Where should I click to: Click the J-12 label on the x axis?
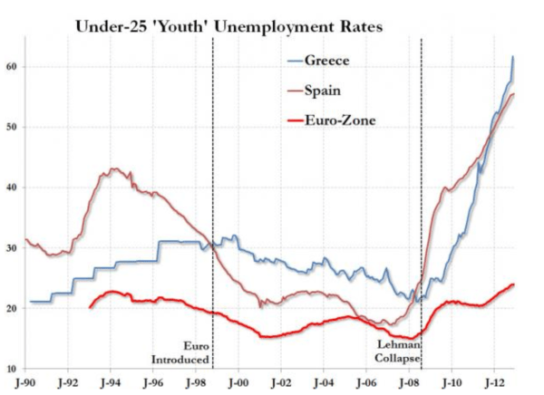pyautogui.click(x=494, y=385)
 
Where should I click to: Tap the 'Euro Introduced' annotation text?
pyautogui.click(x=179, y=352)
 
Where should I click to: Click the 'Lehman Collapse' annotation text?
pyautogui.click(x=397, y=352)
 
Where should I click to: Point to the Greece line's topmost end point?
pyautogui.click(x=513, y=57)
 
